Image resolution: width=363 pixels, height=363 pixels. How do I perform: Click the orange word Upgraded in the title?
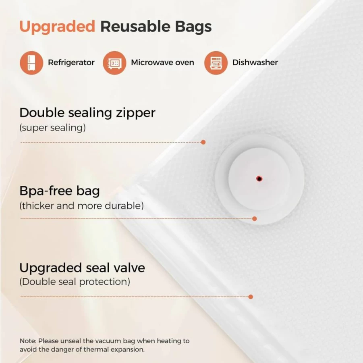57,27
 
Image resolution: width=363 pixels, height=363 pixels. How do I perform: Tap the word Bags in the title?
193,27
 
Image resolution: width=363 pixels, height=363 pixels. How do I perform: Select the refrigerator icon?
31,63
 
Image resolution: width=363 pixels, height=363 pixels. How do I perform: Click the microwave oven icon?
114,63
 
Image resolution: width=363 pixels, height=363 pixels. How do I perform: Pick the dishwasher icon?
216,63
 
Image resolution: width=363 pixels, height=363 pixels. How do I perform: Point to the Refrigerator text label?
71,62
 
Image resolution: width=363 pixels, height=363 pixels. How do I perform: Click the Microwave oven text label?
162,62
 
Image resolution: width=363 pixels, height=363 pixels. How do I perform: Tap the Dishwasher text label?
255,62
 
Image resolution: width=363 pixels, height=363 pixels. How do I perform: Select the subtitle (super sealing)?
52,128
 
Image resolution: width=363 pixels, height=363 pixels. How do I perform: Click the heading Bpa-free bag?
60,191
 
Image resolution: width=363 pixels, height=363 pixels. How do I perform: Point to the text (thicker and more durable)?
81,206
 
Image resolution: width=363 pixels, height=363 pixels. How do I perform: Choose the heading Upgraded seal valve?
82,268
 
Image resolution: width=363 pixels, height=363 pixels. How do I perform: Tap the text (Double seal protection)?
75,282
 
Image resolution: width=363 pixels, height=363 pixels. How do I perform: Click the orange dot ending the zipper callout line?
203,142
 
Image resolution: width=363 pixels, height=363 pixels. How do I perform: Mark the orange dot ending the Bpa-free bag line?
255,218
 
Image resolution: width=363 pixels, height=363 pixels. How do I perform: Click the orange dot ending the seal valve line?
251,297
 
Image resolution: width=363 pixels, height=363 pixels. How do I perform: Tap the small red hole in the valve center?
259,178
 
